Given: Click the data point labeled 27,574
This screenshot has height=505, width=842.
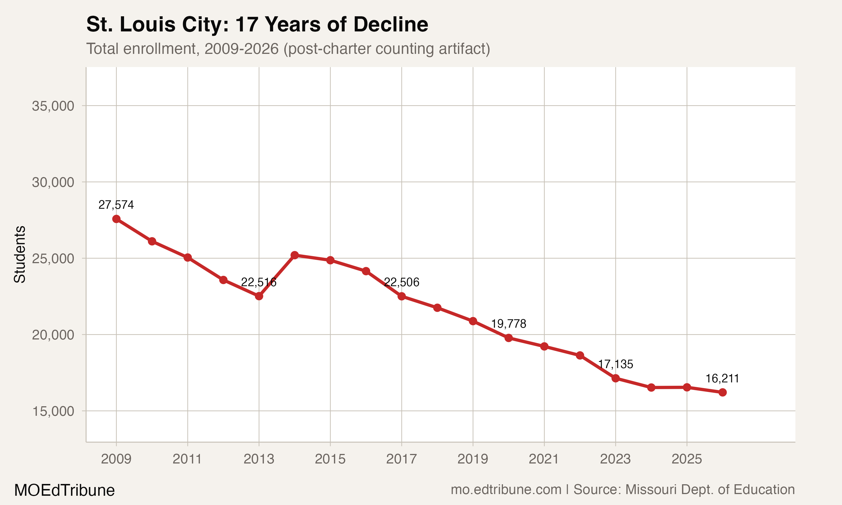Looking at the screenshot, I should [x=116, y=219].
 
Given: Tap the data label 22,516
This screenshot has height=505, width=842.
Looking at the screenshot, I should [x=259, y=282].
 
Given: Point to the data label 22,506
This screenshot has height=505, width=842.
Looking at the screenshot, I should [x=402, y=282].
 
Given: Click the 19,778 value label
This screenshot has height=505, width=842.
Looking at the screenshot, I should [x=509, y=324].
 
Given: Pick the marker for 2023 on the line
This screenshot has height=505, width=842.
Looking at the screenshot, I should [x=615, y=378].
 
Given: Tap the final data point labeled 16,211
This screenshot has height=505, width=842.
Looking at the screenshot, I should [x=722, y=392].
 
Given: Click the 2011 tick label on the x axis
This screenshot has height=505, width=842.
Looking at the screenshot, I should [x=187, y=459].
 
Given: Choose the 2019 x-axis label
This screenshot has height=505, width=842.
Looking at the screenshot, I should [x=473, y=459].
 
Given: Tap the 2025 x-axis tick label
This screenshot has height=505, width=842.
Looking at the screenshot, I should [x=687, y=459].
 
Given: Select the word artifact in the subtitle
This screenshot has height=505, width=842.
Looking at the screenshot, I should [x=461, y=49].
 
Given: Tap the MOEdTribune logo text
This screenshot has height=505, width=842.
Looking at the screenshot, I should [x=64, y=490].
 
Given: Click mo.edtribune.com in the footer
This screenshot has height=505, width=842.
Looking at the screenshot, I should [x=506, y=489].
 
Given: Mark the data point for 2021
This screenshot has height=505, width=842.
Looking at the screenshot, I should [x=544, y=346].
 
